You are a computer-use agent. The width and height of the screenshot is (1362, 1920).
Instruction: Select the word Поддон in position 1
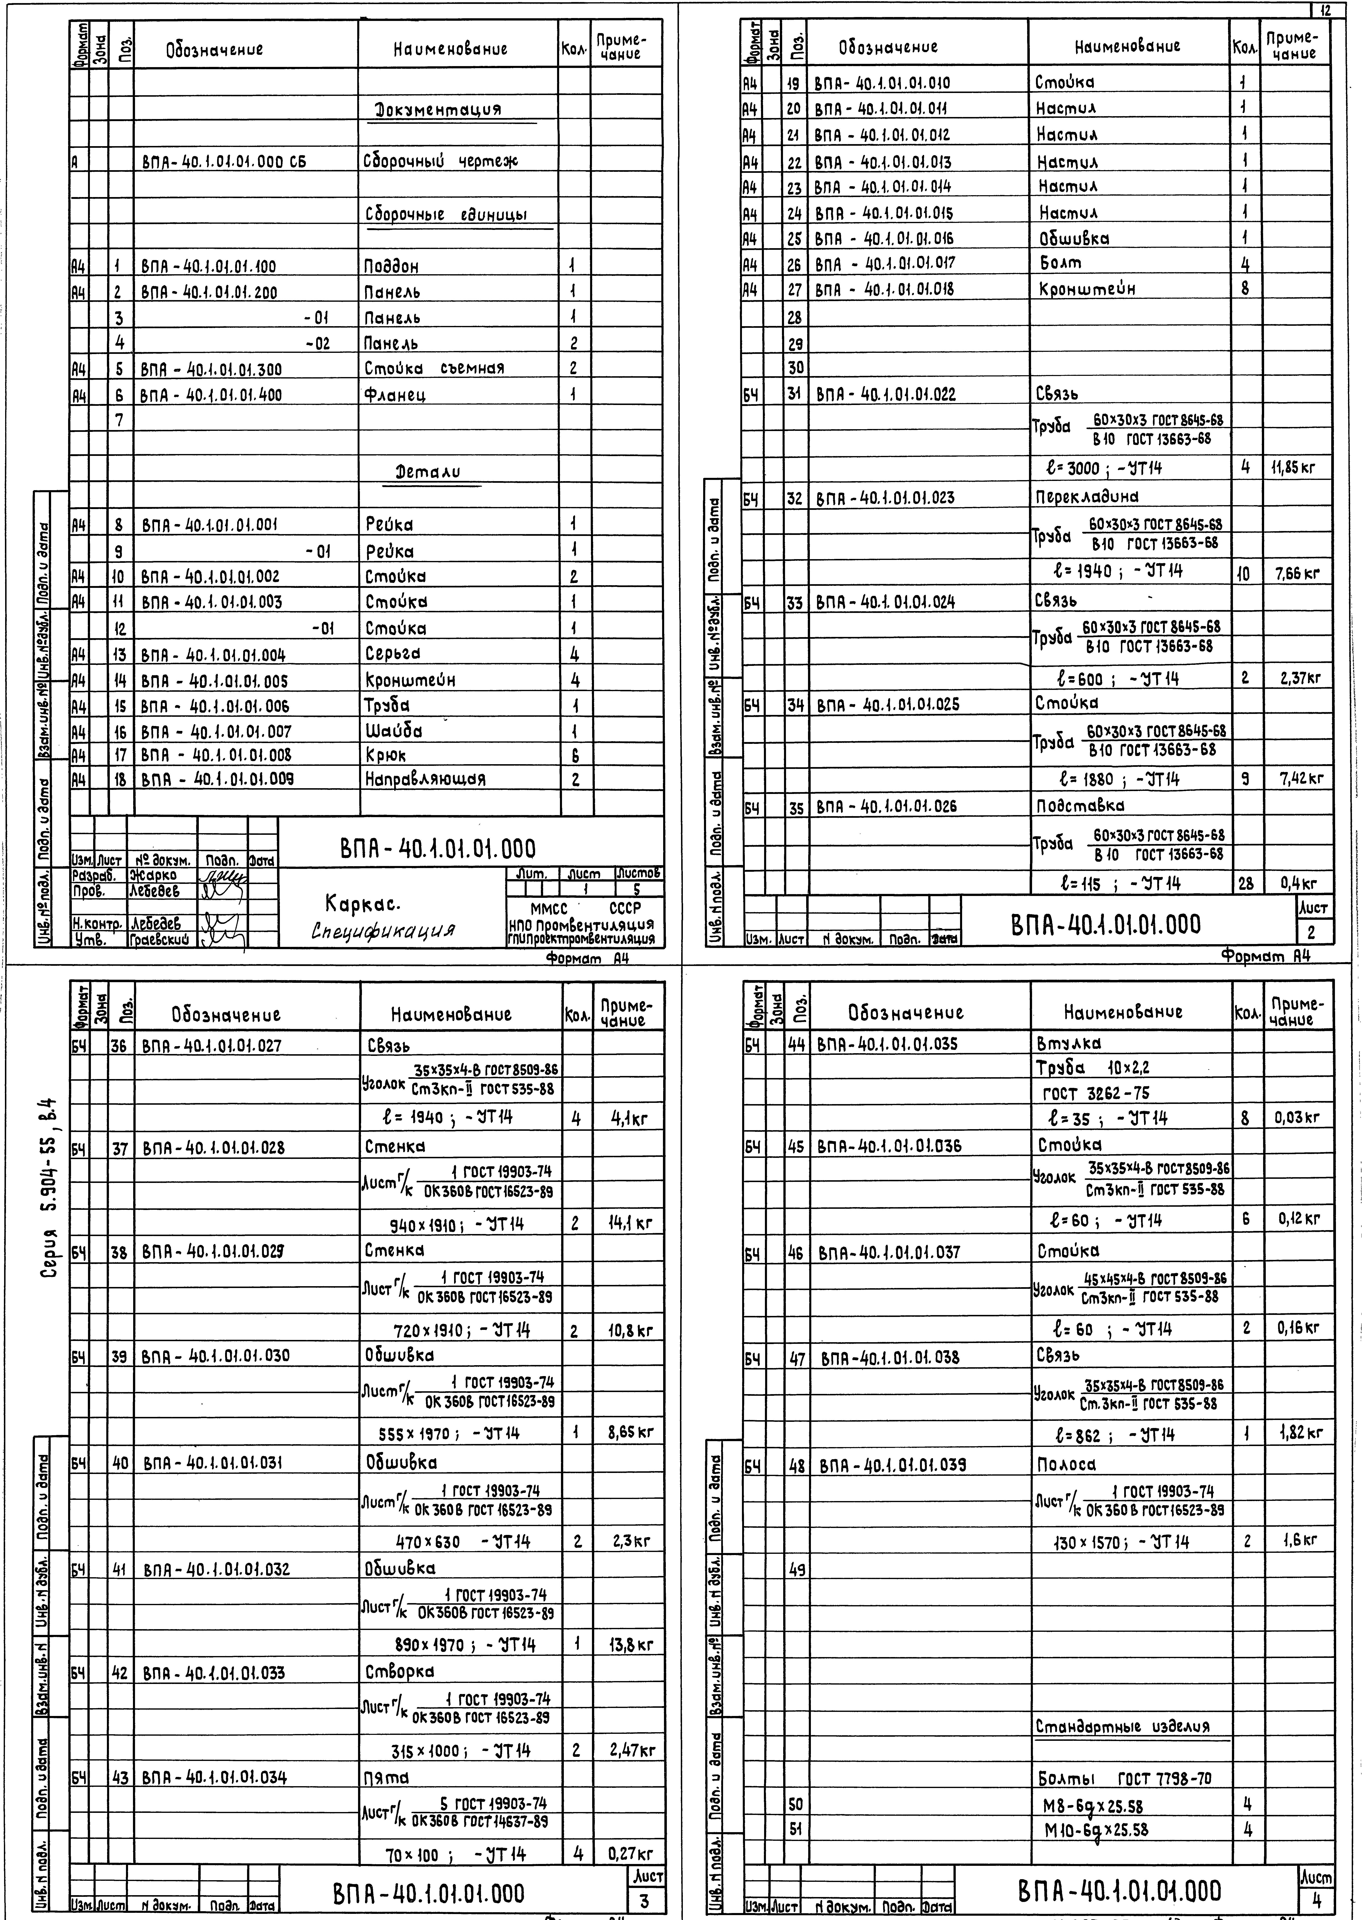pos(393,267)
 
